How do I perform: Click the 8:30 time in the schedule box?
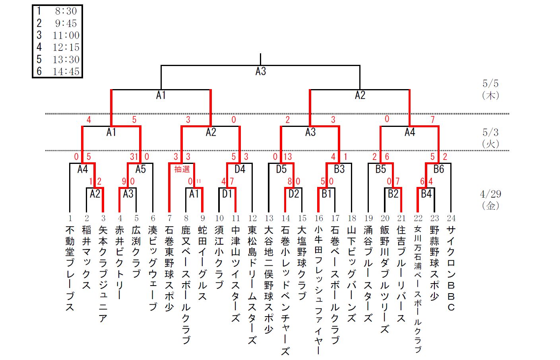pyautogui.click(x=66, y=11)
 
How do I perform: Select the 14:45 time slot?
pyautogui.click(x=66, y=72)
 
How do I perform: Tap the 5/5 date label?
pyautogui.click(x=490, y=84)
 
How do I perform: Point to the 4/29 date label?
pyautogui.click(x=490, y=194)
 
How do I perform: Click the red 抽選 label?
pyautogui.click(x=182, y=169)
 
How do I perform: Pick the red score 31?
pyautogui.click(x=134, y=157)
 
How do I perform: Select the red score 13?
pyautogui.click(x=288, y=157)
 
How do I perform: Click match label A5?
pyautogui.click(x=141, y=169)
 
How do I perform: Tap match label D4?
pyautogui.click(x=240, y=169)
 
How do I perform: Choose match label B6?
pyautogui.click(x=439, y=169)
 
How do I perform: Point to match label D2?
pyautogui.click(x=294, y=194)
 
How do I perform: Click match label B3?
pyautogui.click(x=339, y=169)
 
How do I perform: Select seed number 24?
pyautogui.click(x=451, y=218)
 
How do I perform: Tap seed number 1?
pyautogui.click(x=70, y=218)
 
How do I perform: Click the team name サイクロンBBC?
pyautogui.click(x=451, y=269)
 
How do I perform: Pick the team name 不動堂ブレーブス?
pyautogui.click(x=70, y=269)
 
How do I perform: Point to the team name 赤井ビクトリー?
pyautogui.click(x=120, y=263)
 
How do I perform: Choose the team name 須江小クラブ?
pyautogui.click(x=219, y=257)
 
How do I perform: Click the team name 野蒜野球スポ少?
pyautogui.click(x=434, y=263)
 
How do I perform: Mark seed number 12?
pyautogui.click(x=252, y=218)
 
